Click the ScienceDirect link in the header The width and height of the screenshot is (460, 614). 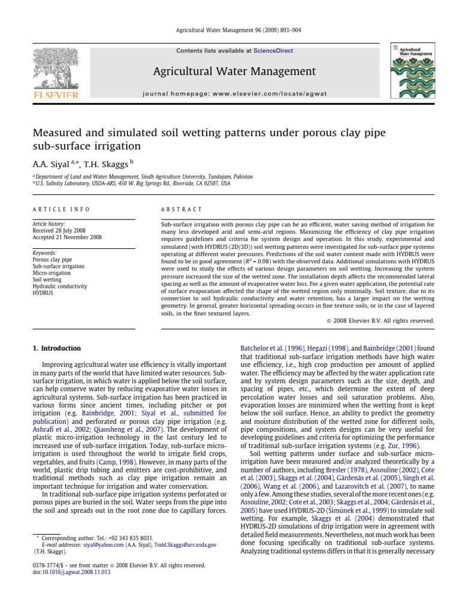click(273, 51)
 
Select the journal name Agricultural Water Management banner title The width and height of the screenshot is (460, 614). click(234, 72)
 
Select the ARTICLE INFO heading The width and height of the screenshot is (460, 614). click(61, 209)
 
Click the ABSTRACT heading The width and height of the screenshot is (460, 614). click(182, 209)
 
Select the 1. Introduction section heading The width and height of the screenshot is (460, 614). click(56, 348)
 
